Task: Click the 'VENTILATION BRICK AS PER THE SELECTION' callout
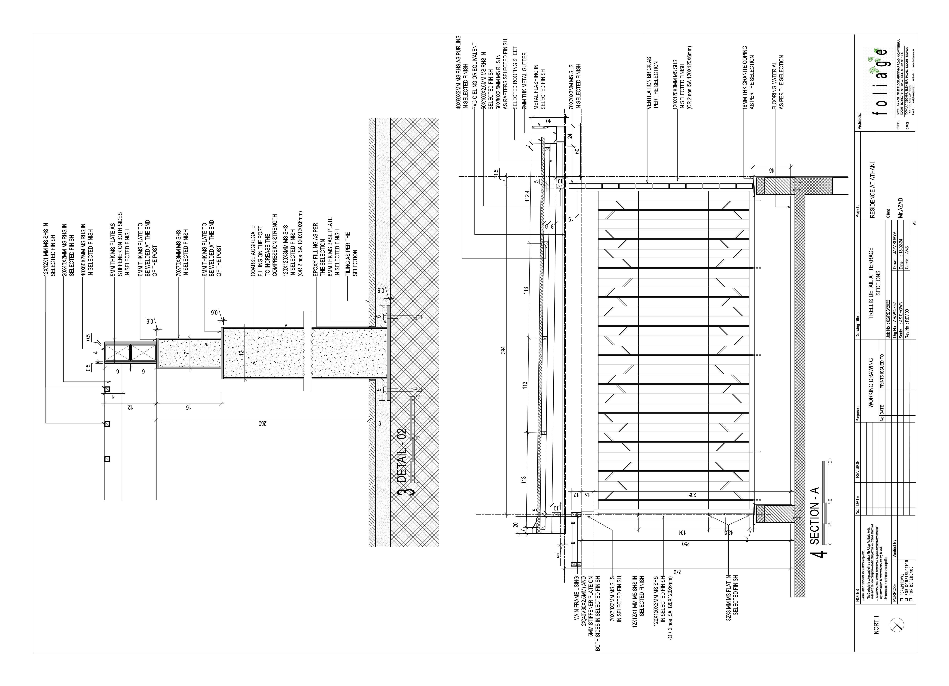652,82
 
